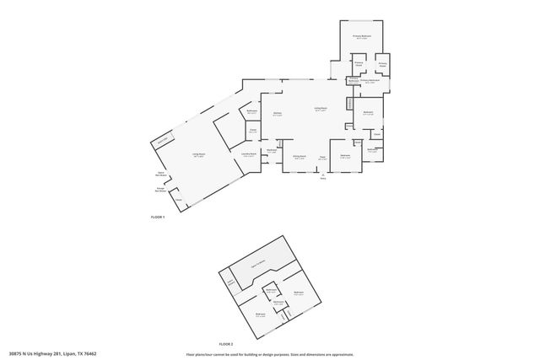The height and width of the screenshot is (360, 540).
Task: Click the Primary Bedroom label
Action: (362, 37)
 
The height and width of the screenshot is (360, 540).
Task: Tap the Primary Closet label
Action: (359, 64)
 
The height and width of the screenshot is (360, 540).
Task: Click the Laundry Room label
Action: (249, 154)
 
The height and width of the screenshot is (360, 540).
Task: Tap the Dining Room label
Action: (299, 157)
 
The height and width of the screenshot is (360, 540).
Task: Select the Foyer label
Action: (322, 157)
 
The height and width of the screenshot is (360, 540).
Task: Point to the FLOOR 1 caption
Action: (157, 218)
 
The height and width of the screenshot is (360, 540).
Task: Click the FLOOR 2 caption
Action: (225, 344)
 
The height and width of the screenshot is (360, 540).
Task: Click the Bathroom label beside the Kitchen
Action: (251, 112)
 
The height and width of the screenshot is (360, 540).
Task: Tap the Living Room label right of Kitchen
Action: (321, 109)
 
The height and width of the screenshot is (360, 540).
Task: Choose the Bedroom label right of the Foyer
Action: (345, 157)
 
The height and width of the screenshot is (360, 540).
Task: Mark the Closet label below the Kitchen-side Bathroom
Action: (252, 131)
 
